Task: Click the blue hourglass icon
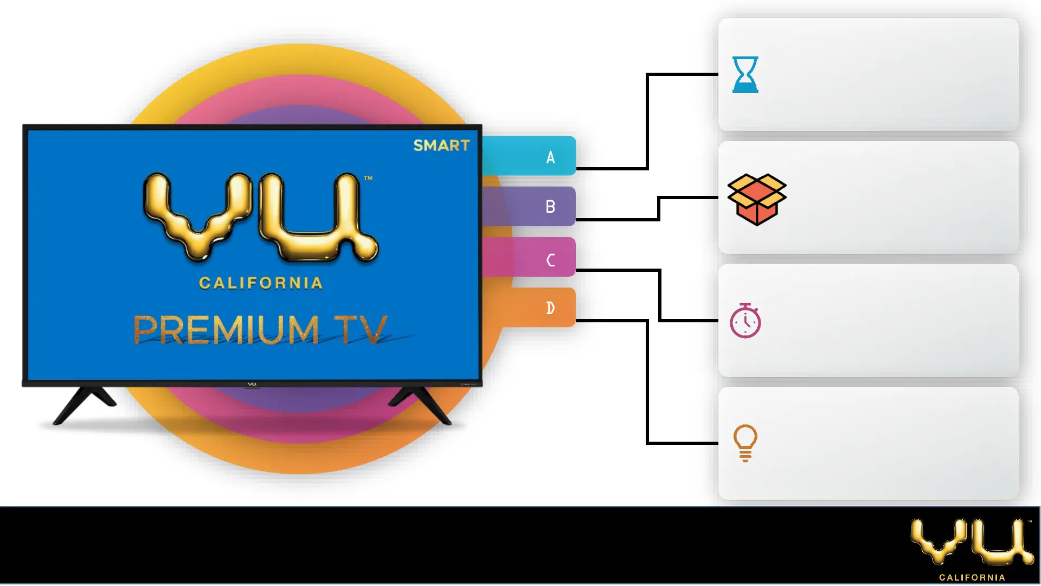point(745,74)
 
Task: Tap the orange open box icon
point(757,199)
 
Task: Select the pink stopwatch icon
point(746,321)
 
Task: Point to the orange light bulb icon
point(746,443)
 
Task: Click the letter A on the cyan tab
point(550,157)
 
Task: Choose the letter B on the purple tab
point(550,207)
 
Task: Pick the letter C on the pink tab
point(550,260)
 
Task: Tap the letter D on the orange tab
point(550,308)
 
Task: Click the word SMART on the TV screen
point(441,145)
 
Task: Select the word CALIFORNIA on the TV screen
point(261,283)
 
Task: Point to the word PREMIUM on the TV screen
point(226,329)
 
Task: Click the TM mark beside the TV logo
point(368,178)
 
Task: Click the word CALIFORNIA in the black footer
point(972,577)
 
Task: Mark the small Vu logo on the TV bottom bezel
point(252,384)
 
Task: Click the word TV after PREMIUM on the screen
point(361,329)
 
